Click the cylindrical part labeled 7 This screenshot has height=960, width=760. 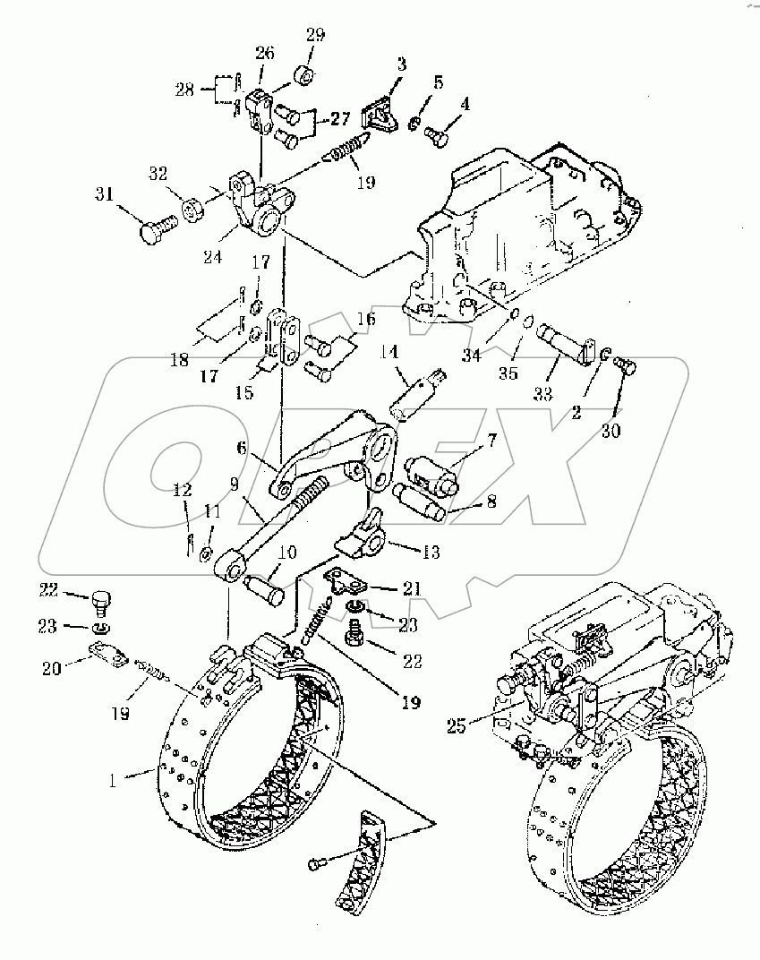431,469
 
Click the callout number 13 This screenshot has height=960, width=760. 431,553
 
